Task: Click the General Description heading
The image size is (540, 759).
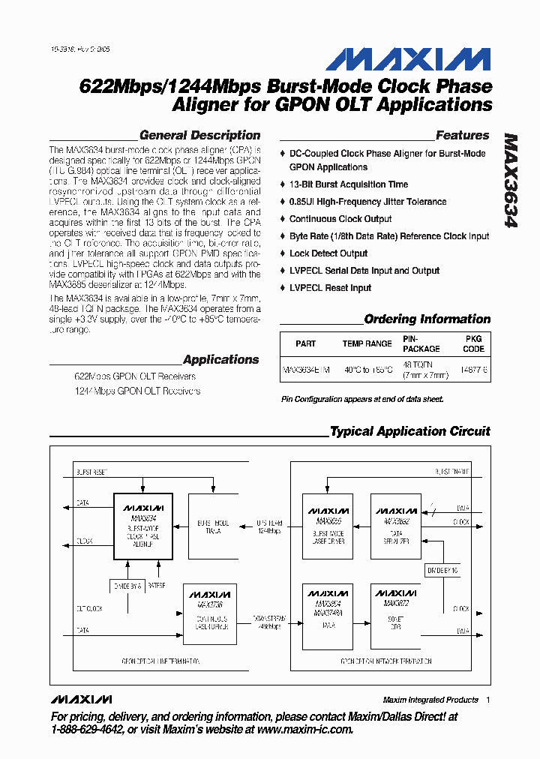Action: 199,136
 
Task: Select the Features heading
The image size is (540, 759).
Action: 462,136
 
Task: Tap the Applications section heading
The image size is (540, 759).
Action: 220,359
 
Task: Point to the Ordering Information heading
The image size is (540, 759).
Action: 427,319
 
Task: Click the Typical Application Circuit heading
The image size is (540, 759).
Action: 409,431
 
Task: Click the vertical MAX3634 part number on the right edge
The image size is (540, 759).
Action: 511,181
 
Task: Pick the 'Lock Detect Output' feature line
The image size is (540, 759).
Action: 328,253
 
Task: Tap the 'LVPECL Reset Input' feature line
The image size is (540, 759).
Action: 330,288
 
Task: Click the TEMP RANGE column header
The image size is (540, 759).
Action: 367,343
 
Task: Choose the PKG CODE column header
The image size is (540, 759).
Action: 473,343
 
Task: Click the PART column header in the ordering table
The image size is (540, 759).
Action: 306,343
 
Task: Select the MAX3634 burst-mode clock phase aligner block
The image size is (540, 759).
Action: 142,526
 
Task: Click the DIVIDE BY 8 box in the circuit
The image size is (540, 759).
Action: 127,585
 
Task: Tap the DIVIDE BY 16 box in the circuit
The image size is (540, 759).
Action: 442,571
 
